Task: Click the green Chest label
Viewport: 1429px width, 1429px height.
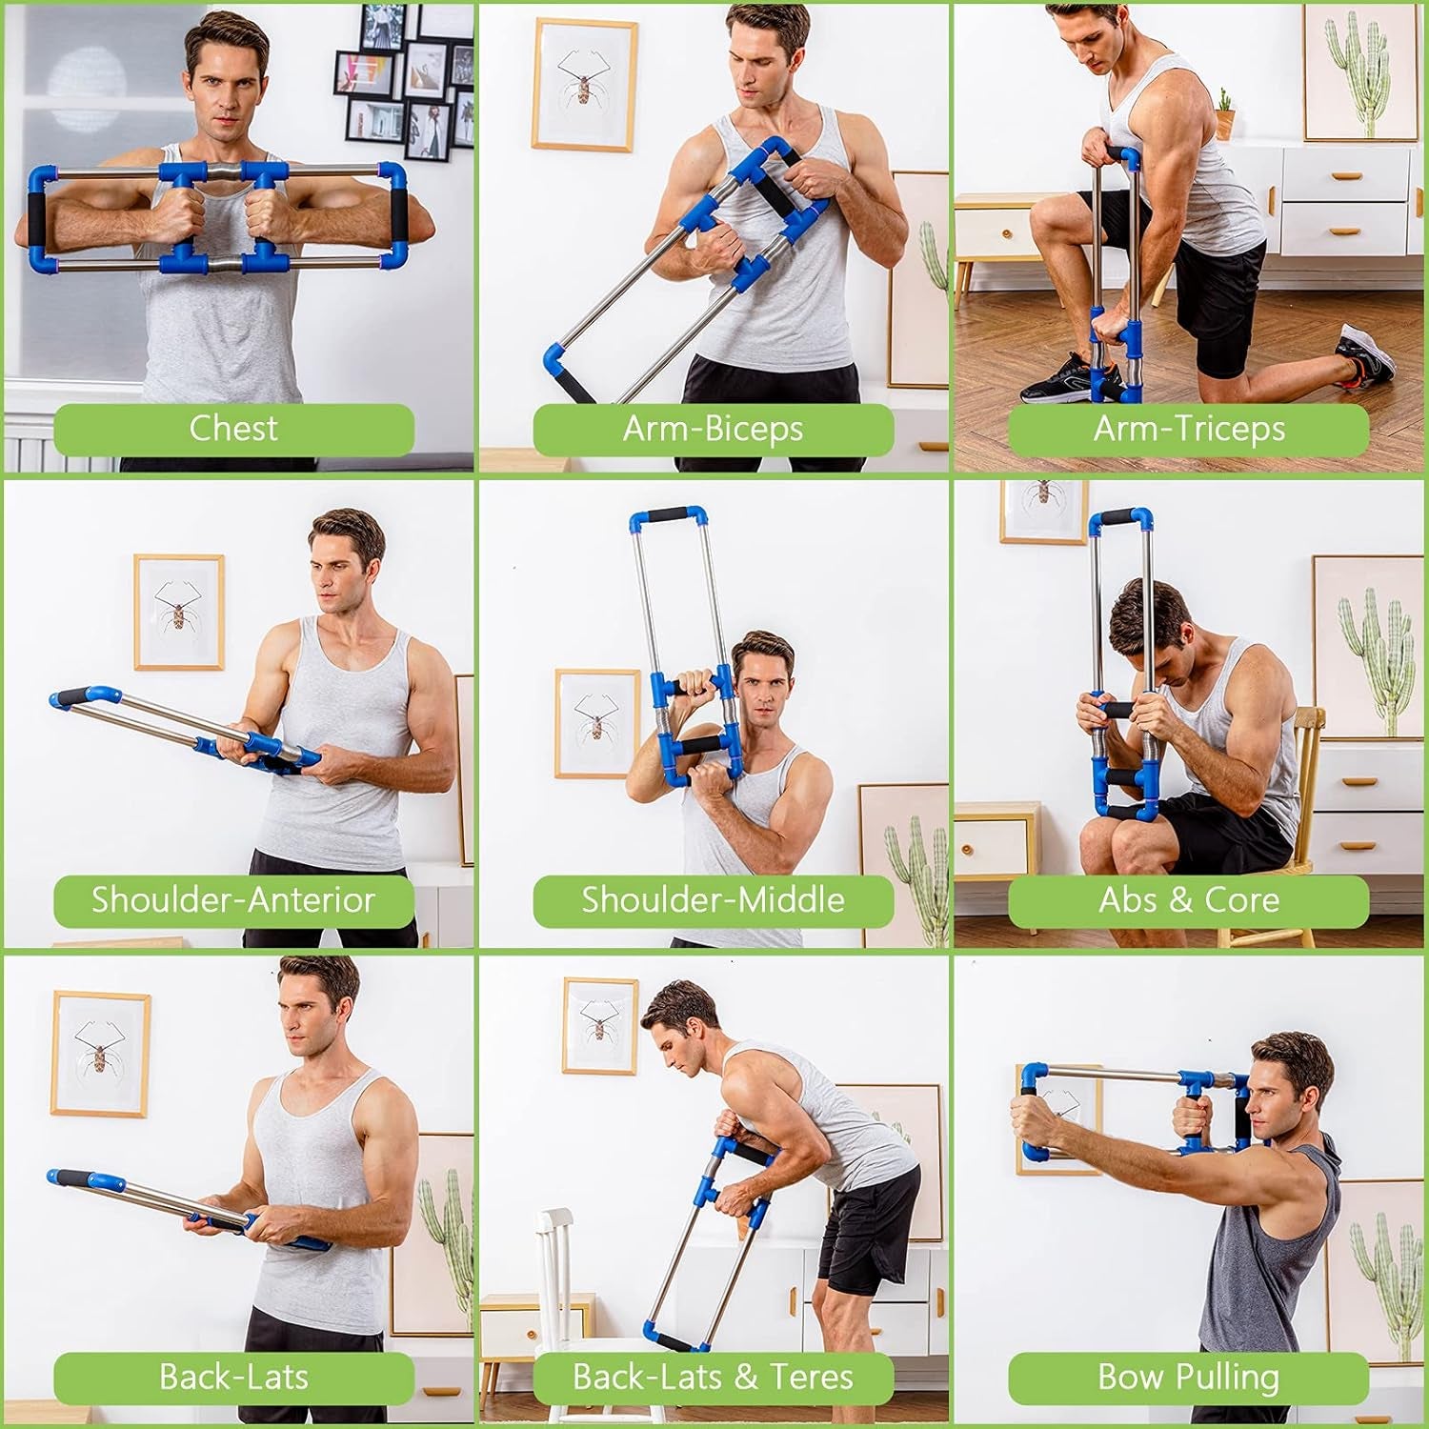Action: tap(233, 429)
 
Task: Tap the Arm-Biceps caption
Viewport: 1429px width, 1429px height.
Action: tap(713, 429)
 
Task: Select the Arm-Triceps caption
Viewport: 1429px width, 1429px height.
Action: tap(1189, 429)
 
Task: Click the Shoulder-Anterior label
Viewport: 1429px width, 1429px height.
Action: tap(233, 900)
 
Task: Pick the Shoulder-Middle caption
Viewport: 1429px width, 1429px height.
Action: tap(713, 900)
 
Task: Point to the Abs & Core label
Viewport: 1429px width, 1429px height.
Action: tap(1189, 900)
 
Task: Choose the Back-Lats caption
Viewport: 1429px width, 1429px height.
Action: tap(233, 1377)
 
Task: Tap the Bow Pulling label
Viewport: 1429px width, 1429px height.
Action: tap(1189, 1377)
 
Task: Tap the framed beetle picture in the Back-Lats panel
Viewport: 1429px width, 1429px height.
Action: tap(100, 1053)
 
